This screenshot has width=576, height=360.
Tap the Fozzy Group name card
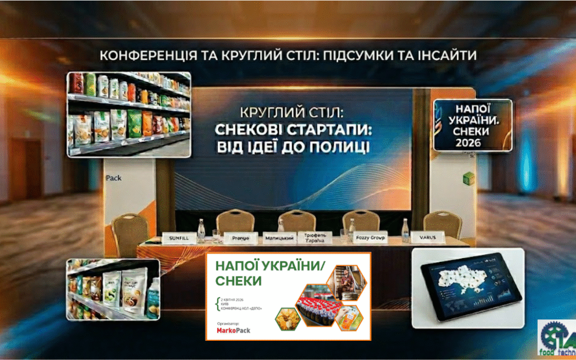(370, 237)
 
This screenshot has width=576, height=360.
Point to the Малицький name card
(278, 236)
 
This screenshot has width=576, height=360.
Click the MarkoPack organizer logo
(233, 330)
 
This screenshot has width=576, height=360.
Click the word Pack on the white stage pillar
(114, 178)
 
